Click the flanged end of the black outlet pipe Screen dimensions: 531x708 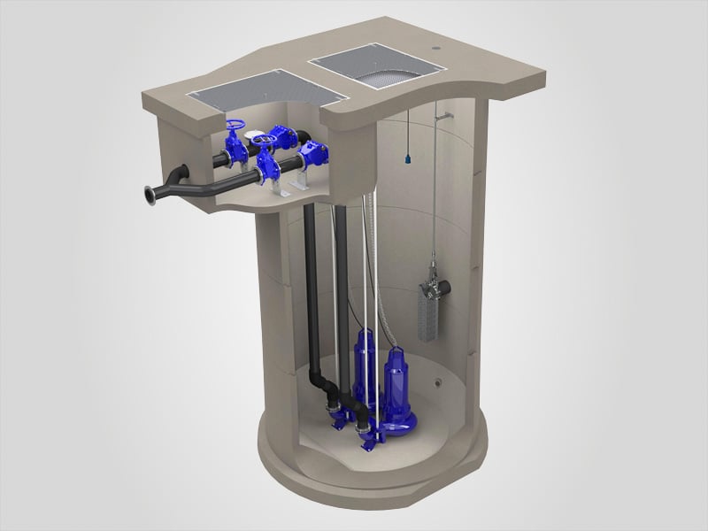143,192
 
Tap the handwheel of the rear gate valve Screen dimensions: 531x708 234,129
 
